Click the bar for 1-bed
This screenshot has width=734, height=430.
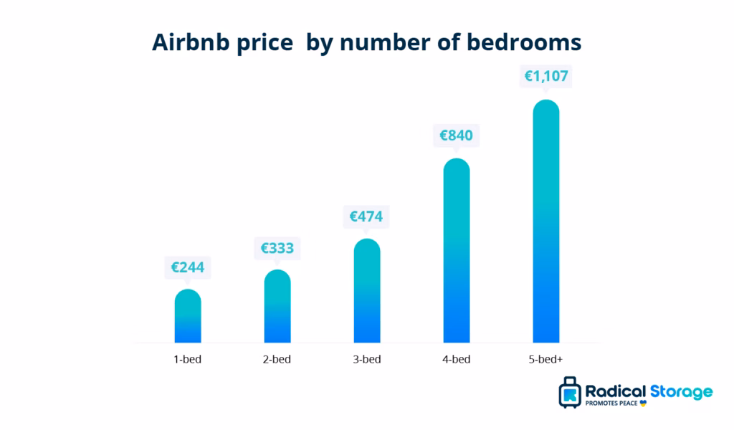pyautogui.click(x=188, y=316)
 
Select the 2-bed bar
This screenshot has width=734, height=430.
pyautogui.click(x=277, y=307)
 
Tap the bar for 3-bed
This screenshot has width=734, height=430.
pyautogui.click(x=367, y=291)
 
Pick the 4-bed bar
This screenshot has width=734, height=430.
pyautogui.click(x=457, y=251)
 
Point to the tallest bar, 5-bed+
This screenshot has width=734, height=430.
pyautogui.click(x=546, y=221)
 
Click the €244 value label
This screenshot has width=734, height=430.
pyautogui.click(x=188, y=268)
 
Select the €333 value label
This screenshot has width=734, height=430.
pyautogui.click(x=277, y=249)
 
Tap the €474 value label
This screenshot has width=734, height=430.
pyautogui.click(x=367, y=216)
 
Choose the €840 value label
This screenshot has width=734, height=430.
pyautogui.click(x=457, y=135)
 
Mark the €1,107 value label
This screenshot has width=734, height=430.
pyautogui.click(x=546, y=77)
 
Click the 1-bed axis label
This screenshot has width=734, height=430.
pyautogui.click(x=188, y=359)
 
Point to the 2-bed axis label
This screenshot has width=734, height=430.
pyautogui.click(x=277, y=359)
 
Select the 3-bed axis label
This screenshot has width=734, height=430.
pyautogui.click(x=367, y=359)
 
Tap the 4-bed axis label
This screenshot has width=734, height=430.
pyautogui.click(x=457, y=359)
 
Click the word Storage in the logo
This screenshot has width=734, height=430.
pyautogui.click(x=681, y=391)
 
